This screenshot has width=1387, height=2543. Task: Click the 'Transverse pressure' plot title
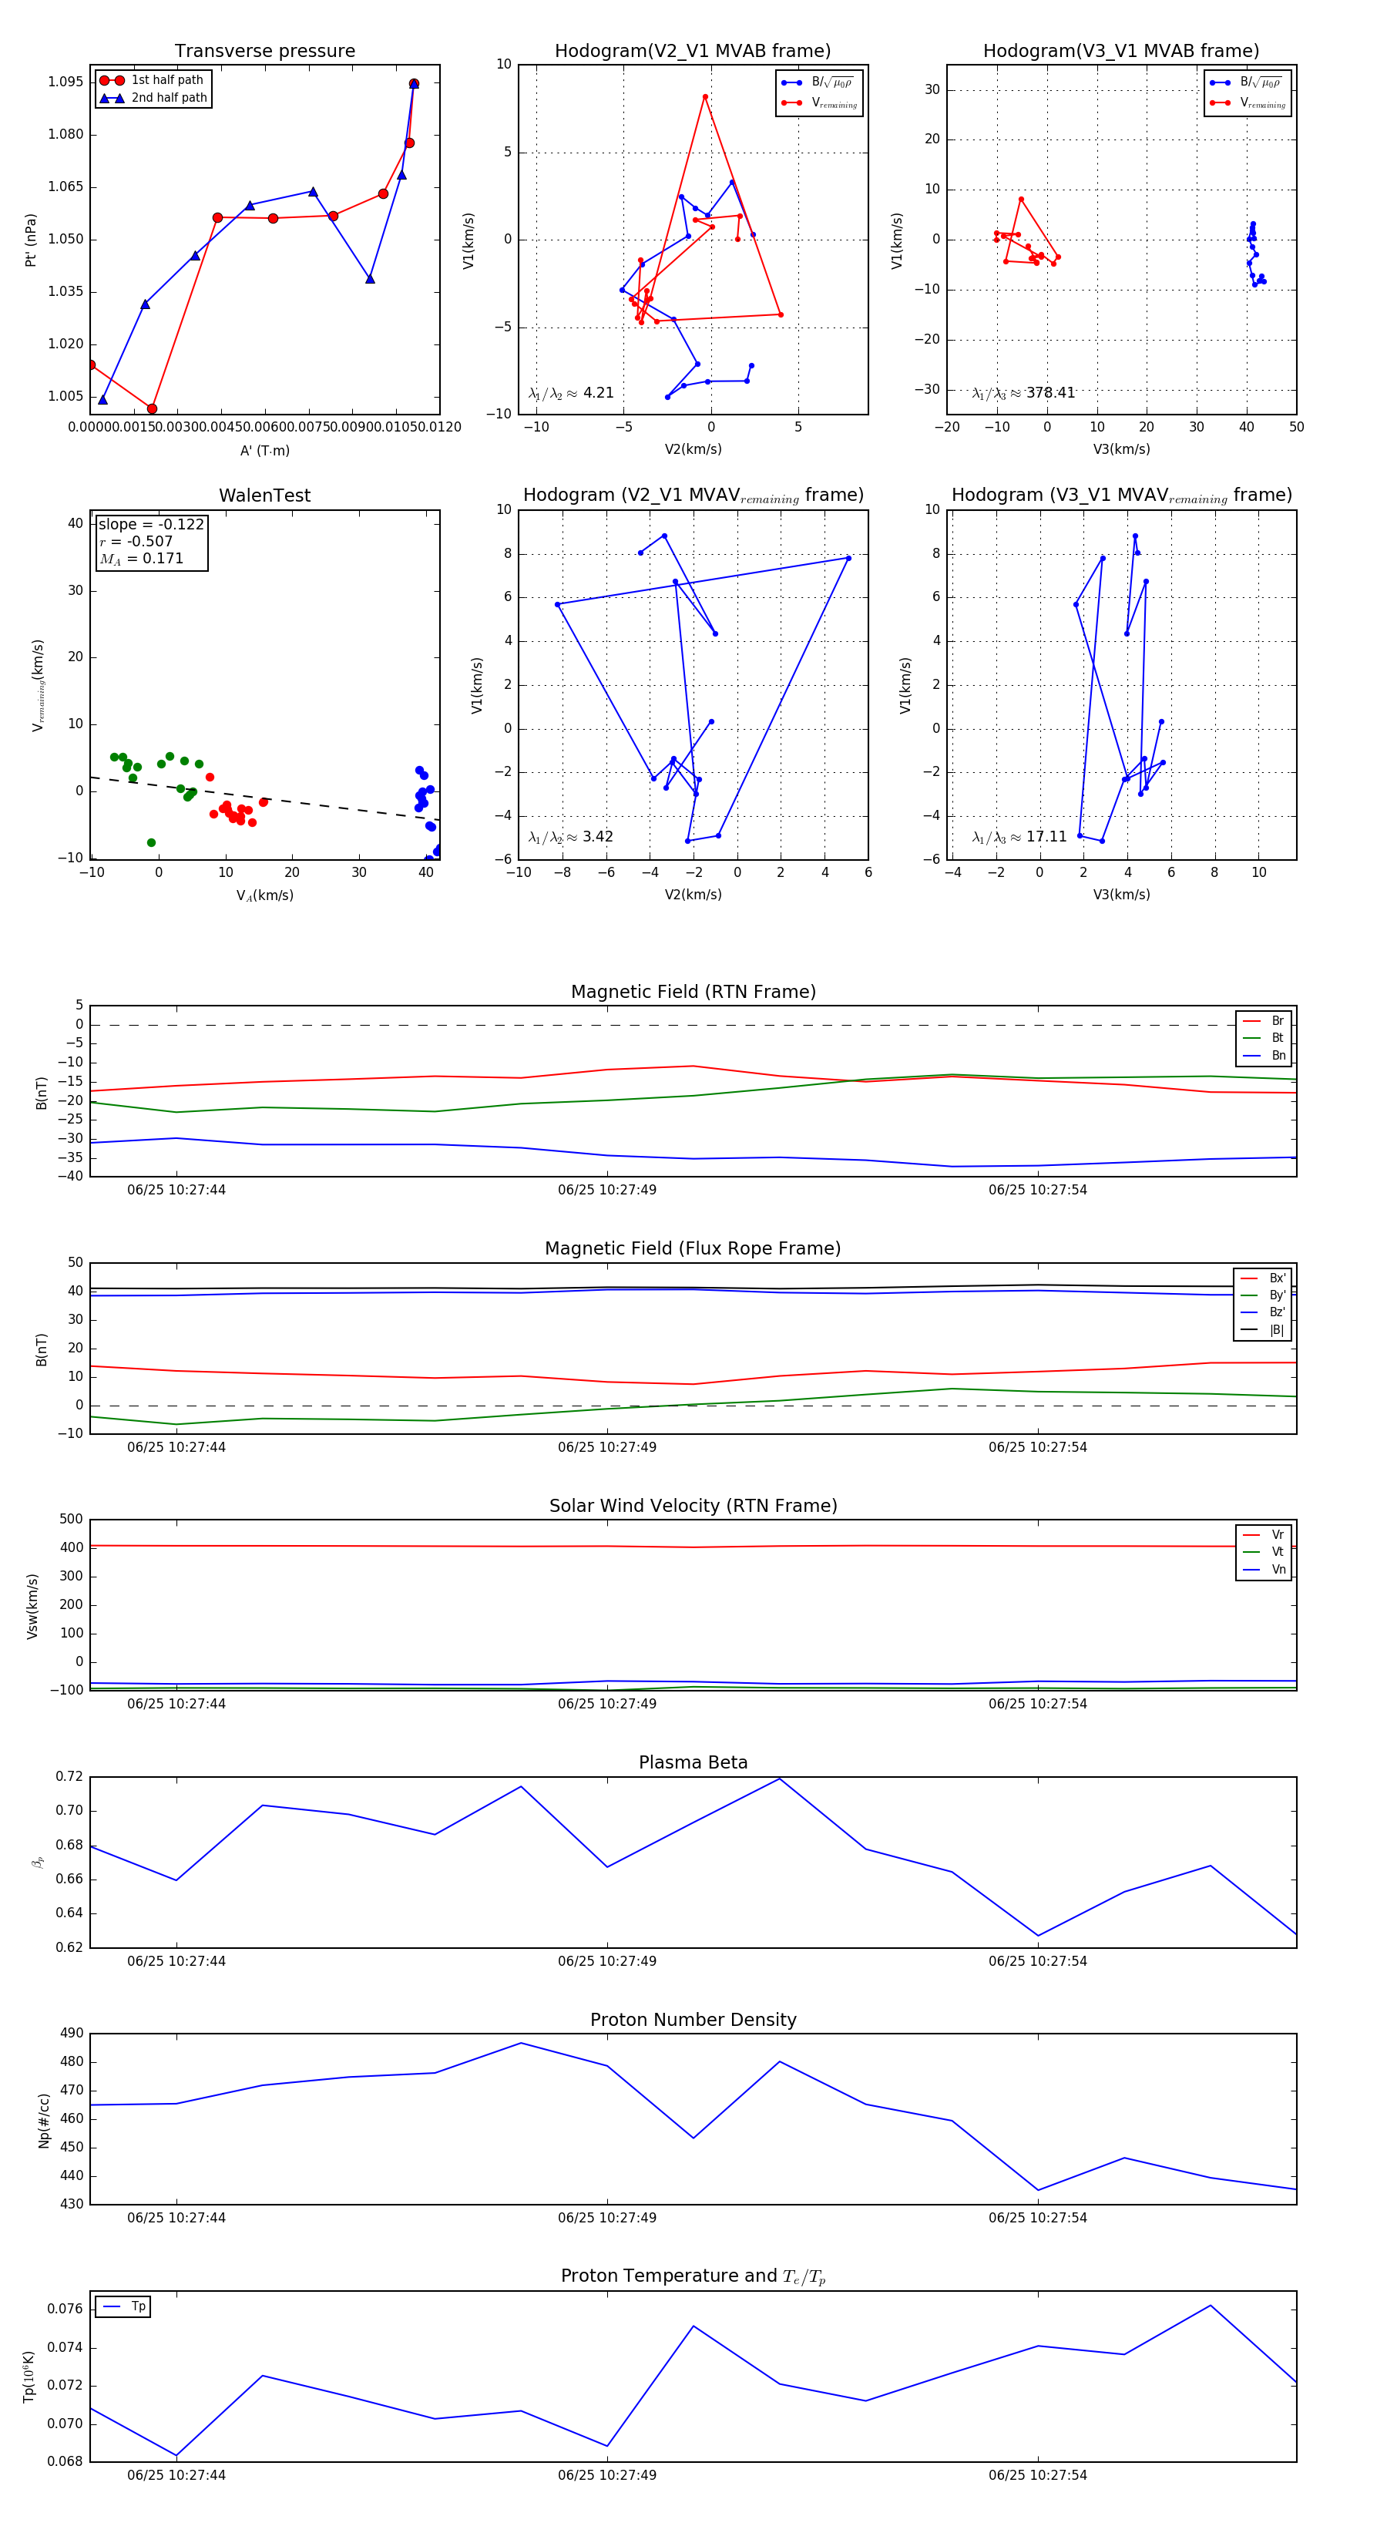264,52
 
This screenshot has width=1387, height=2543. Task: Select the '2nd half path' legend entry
169,98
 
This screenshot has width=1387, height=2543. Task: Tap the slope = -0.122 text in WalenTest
151,524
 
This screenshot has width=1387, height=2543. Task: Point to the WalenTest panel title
264,495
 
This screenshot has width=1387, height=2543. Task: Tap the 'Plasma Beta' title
693,1762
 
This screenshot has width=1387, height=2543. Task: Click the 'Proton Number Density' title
693,2020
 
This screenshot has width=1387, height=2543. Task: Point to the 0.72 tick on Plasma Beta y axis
69,1776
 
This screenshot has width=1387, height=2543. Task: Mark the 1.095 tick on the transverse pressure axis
65,82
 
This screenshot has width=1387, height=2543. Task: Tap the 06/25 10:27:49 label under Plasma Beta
606,1960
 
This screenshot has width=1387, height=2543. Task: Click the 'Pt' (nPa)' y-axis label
32,240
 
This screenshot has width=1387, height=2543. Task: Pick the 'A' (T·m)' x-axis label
264,450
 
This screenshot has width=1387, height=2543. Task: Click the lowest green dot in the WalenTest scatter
151,842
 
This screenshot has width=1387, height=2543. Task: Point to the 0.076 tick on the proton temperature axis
65,2309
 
